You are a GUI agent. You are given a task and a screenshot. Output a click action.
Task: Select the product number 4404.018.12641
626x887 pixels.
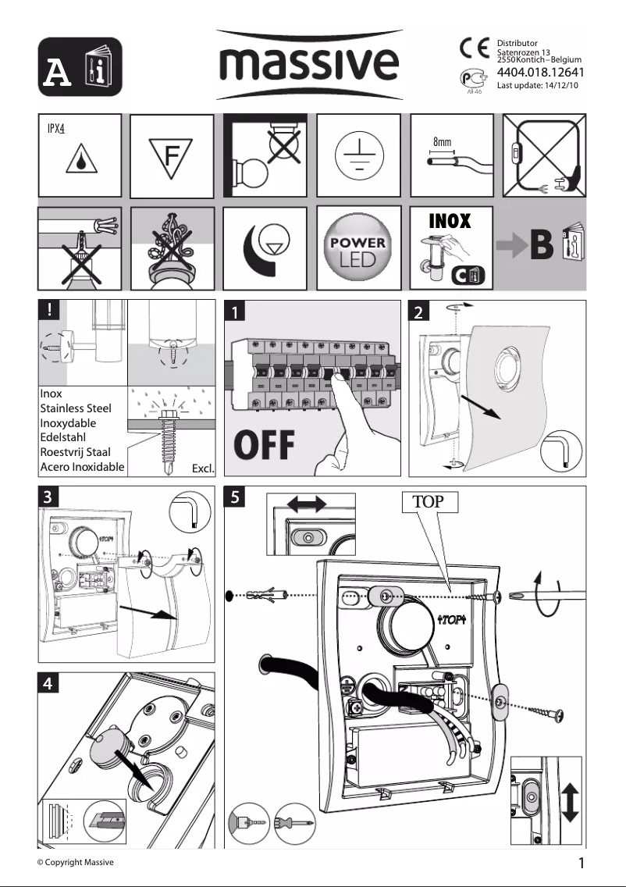[x=541, y=73]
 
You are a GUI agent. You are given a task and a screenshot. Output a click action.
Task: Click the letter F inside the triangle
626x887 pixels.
[x=172, y=156]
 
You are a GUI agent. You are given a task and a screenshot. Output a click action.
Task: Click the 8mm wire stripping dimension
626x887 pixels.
[x=443, y=143]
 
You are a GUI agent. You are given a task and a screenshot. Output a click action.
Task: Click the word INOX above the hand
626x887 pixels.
[x=450, y=221]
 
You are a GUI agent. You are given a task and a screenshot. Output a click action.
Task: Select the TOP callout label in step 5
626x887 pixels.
[x=428, y=502]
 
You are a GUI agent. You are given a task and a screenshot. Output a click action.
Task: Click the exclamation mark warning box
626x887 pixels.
[x=48, y=308]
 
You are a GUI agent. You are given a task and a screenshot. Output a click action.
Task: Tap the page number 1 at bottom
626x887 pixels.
[x=582, y=864]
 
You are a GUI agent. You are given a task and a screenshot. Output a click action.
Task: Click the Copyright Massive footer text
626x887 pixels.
[x=76, y=862]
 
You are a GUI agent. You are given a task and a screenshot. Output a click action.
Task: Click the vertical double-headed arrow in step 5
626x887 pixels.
[x=569, y=802]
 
